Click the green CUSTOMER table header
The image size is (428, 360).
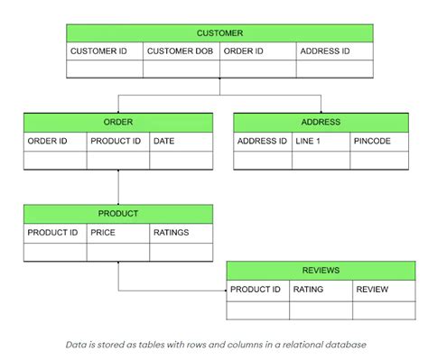(x=219, y=32)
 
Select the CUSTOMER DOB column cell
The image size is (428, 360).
(x=181, y=51)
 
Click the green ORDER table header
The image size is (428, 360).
(x=118, y=122)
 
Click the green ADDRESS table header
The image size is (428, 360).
(x=320, y=122)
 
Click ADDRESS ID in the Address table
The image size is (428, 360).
(x=262, y=141)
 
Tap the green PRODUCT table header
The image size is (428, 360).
(x=118, y=214)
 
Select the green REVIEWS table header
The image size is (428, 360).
(x=321, y=270)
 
